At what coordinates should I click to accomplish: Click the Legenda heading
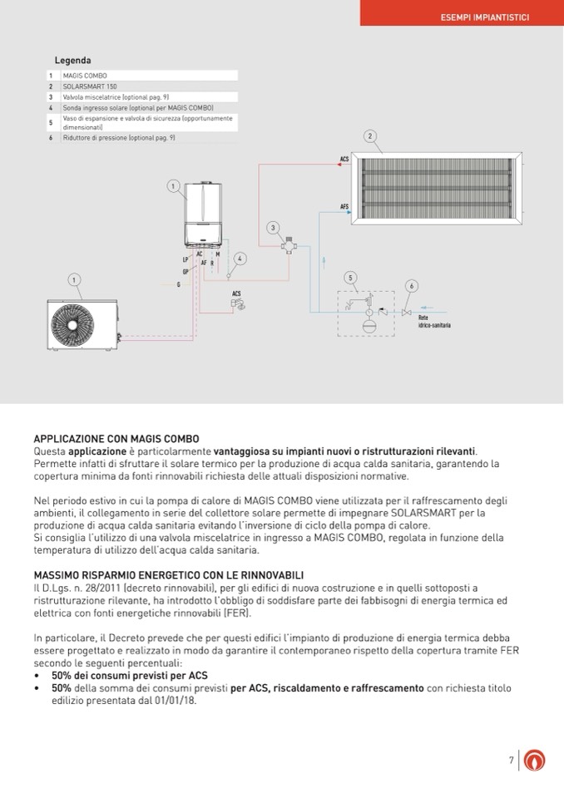(x=72, y=61)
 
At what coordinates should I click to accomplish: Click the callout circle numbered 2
(x=370, y=136)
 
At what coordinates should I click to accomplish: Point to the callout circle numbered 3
(x=273, y=227)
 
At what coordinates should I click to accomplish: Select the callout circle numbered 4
(x=240, y=259)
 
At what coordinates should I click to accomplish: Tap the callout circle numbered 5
(x=351, y=277)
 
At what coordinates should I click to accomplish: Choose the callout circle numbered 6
(x=411, y=286)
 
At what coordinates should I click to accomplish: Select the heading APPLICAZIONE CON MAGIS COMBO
(x=116, y=438)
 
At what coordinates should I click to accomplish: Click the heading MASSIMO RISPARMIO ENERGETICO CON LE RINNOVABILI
(x=169, y=574)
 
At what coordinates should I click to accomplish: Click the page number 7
(x=511, y=760)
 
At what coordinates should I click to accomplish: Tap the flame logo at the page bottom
(x=537, y=760)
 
